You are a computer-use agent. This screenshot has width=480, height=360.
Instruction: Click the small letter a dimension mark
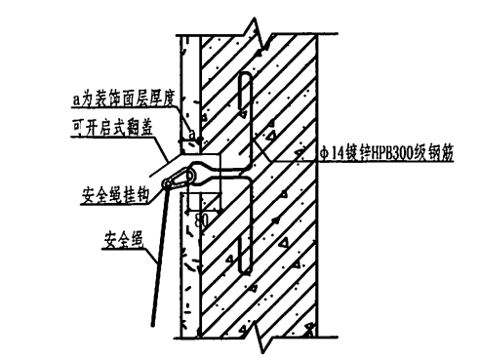tap(192, 131)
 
